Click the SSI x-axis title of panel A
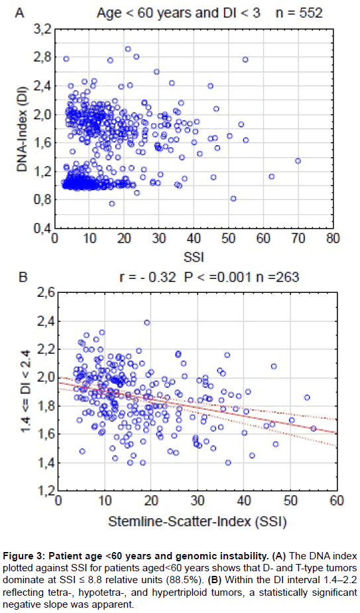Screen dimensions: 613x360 [196, 254]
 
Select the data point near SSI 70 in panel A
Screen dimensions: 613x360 [298, 160]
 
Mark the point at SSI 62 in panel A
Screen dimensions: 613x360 [271, 176]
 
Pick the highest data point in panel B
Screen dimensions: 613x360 [147, 323]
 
